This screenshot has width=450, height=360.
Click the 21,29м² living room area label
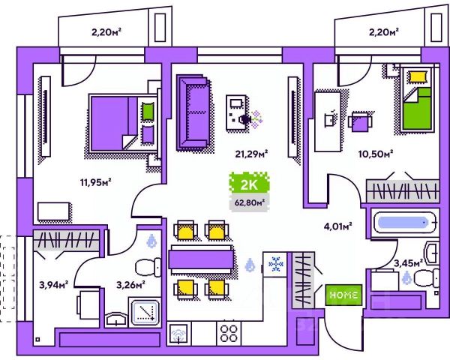(x=251, y=154)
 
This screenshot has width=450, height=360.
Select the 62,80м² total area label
(x=249, y=202)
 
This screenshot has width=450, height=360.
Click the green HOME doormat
(x=343, y=295)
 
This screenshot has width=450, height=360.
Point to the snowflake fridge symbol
(x=275, y=265)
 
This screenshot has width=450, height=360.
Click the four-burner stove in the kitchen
(x=229, y=333)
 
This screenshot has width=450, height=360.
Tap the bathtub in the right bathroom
(x=404, y=223)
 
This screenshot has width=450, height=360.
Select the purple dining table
(x=202, y=259)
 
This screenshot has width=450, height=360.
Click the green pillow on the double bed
(x=148, y=112)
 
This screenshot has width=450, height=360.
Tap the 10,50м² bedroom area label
(x=376, y=154)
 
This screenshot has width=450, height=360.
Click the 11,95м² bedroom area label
(x=95, y=182)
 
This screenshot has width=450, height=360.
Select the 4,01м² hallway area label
(x=337, y=226)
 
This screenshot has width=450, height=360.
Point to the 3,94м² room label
(x=54, y=285)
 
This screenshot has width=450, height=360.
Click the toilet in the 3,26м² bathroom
(x=148, y=268)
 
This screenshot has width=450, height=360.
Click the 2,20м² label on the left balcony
(x=106, y=32)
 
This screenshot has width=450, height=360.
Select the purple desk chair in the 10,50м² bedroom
(x=360, y=121)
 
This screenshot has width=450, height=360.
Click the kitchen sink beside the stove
(x=179, y=334)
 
